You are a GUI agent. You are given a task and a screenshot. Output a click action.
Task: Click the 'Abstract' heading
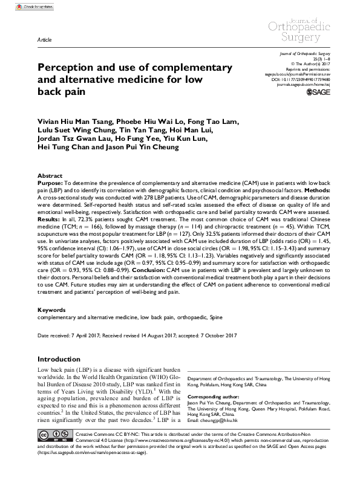(50, 175)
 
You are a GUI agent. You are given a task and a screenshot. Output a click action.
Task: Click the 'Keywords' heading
(51, 310)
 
